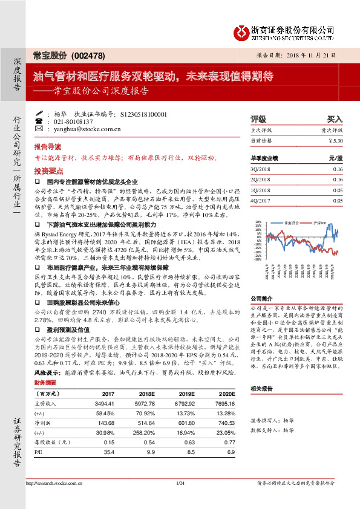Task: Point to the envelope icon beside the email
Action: [x=39, y=129]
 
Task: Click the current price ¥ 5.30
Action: [x=335, y=140]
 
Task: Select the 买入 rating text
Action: [x=335, y=119]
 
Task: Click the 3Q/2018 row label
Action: [x=260, y=169]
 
